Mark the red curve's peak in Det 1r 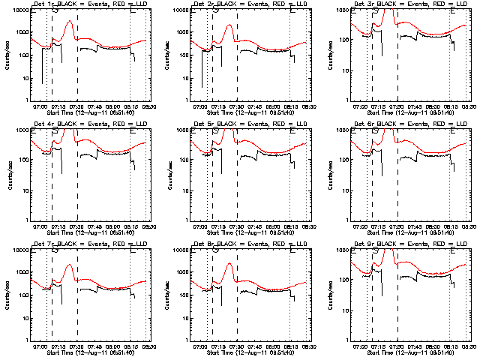click(x=69, y=22)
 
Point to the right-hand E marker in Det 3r click(x=454, y=10)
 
